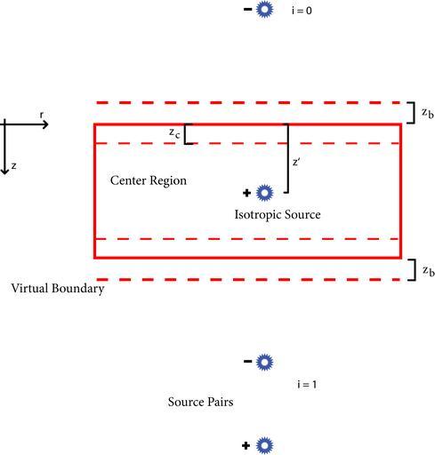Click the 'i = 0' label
[x=302, y=11]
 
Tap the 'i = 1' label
[x=307, y=385]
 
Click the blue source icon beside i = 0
[x=264, y=10]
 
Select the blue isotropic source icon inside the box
[x=264, y=193]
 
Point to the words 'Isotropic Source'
[x=278, y=215]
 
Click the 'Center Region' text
[x=149, y=180]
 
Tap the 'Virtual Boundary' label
[x=58, y=289]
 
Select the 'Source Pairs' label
[x=200, y=402]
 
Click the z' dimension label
[x=296, y=162]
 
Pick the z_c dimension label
[x=174, y=133]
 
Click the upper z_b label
[x=428, y=113]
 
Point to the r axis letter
[x=42, y=115]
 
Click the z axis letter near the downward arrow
[x=13, y=166]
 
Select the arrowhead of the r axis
[x=45, y=124]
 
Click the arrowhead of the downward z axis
[x=4, y=171]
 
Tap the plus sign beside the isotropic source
[x=246, y=193]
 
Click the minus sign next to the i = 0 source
[x=247, y=10]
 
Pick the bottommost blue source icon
[x=264, y=445]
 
